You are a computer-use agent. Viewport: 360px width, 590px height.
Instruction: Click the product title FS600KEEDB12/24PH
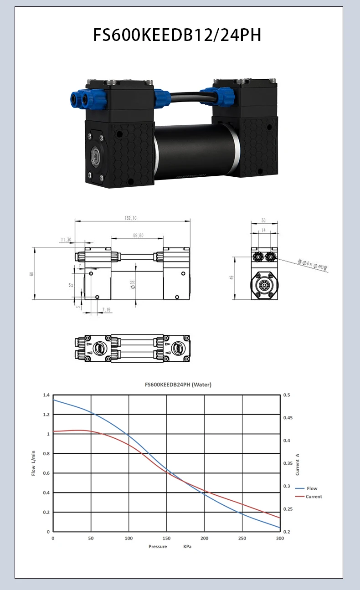coord(177,35)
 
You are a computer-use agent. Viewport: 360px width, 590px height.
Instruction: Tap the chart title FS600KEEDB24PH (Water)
coord(178,385)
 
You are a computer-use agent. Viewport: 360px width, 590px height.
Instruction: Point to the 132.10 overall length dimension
coord(130,218)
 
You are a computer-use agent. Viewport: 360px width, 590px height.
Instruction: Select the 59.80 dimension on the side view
coord(138,236)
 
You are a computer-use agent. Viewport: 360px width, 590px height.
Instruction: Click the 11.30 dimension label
coord(66,240)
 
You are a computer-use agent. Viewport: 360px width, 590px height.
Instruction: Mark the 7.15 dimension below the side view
coord(106,310)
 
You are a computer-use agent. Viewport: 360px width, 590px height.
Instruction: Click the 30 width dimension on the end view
coord(263,220)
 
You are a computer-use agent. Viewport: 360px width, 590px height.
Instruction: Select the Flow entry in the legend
coord(312,488)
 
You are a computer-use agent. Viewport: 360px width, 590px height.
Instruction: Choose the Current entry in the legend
coord(314,497)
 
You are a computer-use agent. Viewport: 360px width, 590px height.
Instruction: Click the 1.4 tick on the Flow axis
coord(46,395)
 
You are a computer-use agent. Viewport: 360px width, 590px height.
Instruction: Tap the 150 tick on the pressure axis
coord(166,539)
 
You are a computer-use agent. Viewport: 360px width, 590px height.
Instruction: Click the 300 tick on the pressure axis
coord(280,539)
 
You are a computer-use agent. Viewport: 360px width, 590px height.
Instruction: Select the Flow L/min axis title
coord(33,463)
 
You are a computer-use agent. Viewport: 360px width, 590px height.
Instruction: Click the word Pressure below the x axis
coord(158,546)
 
